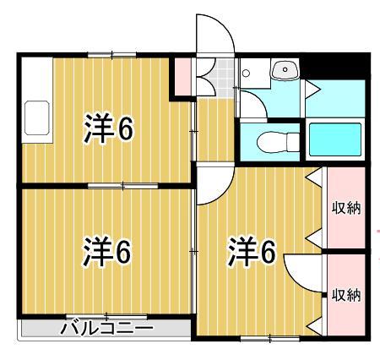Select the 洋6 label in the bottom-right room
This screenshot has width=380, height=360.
[x=252, y=251]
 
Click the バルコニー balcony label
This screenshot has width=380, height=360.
[x=106, y=329]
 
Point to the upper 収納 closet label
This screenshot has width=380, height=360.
[x=345, y=208]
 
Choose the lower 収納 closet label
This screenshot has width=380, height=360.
[x=345, y=295]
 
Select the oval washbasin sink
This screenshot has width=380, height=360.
[x=284, y=70]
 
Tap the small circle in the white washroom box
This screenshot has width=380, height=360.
[x=246, y=74]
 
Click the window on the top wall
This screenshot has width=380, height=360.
[x=112, y=55]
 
